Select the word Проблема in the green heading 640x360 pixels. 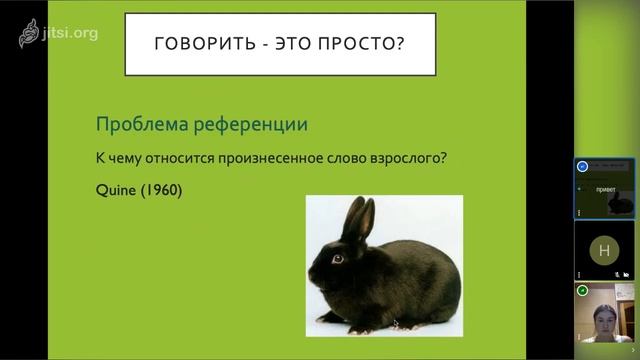click(137, 125)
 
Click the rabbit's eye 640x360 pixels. click(337, 258)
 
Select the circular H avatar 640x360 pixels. click(603, 249)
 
